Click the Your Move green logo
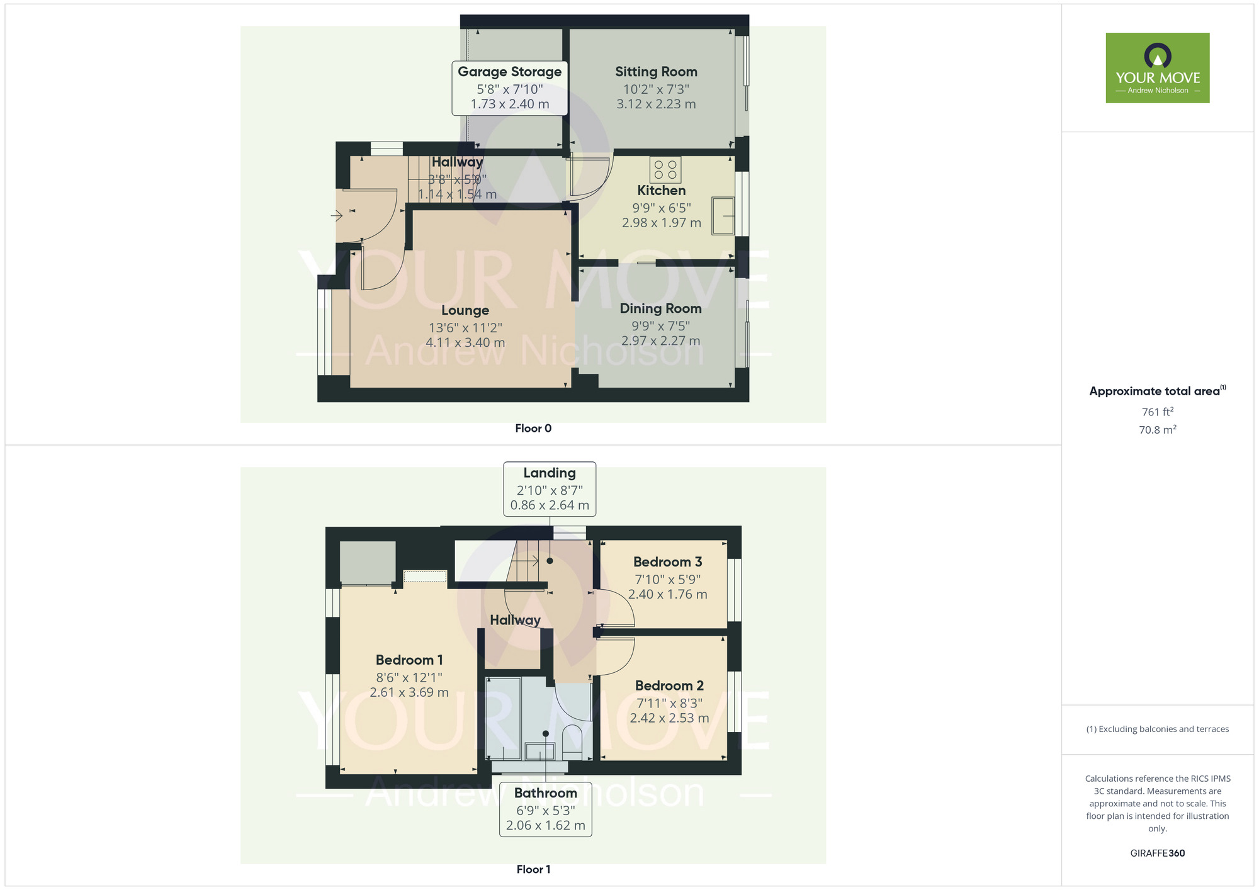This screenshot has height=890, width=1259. click(x=1157, y=68)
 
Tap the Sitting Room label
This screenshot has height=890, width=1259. click(x=656, y=72)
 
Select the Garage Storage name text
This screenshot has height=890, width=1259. click(x=509, y=72)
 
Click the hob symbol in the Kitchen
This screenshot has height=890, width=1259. click(x=665, y=169)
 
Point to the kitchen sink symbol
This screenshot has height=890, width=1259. click(x=723, y=216)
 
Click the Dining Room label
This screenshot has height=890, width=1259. click(x=660, y=308)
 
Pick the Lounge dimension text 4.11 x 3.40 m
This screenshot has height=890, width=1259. click(x=465, y=343)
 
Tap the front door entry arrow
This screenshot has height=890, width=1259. click(x=337, y=216)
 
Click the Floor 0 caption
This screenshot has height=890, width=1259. click(x=533, y=429)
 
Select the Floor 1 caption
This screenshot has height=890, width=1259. click(x=533, y=869)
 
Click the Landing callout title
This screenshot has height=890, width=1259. click(x=550, y=473)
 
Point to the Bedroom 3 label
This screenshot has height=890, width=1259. click(x=667, y=562)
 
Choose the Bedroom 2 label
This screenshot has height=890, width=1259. click(x=669, y=685)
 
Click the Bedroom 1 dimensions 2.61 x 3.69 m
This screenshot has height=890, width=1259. click(x=409, y=693)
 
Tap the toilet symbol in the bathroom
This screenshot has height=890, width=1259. click(x=572, y=740)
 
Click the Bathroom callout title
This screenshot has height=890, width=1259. click(x=545, y=793)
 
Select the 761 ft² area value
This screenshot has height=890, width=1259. click(x=1157, y=412)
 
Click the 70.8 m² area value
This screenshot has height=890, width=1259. click(x=1157, y=430)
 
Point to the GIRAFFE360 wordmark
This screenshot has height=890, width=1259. click(x=1157, y=853)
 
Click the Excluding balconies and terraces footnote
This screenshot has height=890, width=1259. click(x=1157, y=729)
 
